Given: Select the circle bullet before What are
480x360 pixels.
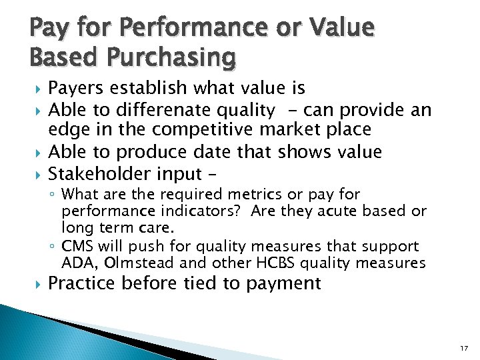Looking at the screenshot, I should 53,195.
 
